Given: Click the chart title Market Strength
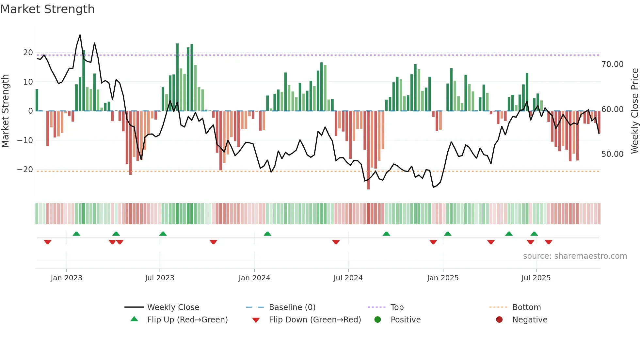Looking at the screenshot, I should pos(47,9).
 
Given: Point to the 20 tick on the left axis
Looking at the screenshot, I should pos(28,53).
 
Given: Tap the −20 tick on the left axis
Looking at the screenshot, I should pos(25,170).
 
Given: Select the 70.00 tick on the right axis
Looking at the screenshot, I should pos(612,64).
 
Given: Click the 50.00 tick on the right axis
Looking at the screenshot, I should pos(612,154).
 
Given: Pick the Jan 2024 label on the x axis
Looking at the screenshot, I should pos(254,278).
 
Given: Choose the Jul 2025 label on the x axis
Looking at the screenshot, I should pos(536,278).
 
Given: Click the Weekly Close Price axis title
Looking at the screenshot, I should pos(634,111).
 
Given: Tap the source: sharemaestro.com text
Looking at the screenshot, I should pos(575,256).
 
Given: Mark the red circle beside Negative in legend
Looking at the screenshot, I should pos(499,320).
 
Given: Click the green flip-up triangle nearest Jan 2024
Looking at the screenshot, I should pos(267,234).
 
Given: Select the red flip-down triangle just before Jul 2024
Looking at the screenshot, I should pos(336,242).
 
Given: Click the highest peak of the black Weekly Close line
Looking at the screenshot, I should pos(80,35).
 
